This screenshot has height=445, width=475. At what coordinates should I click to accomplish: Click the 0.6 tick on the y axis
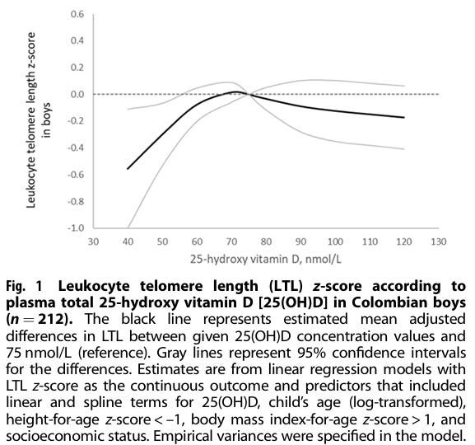77,14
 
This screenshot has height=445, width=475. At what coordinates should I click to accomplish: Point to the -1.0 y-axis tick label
76,227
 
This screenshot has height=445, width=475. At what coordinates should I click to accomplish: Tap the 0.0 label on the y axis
77,94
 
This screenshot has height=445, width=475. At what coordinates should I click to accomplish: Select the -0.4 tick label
76,148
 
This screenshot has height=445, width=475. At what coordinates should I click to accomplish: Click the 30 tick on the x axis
93,241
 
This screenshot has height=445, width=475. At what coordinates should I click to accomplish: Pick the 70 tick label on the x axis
232,241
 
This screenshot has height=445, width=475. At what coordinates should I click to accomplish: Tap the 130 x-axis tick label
439,241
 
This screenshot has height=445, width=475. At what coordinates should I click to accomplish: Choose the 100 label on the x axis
335,241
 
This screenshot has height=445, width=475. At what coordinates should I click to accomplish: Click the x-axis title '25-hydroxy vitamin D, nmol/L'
266,260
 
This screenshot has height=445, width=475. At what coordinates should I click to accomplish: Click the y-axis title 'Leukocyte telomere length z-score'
31,120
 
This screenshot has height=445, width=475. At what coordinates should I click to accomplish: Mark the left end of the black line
128,169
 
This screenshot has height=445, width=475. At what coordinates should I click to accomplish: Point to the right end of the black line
404,117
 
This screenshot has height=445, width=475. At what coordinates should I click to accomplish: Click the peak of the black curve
235,91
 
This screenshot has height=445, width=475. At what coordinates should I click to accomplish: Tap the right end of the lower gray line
404,149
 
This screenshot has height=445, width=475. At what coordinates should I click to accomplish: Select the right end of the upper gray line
404,86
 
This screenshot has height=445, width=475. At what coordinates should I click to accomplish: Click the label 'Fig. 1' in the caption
24,287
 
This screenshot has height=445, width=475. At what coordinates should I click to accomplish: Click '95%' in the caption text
312,353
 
